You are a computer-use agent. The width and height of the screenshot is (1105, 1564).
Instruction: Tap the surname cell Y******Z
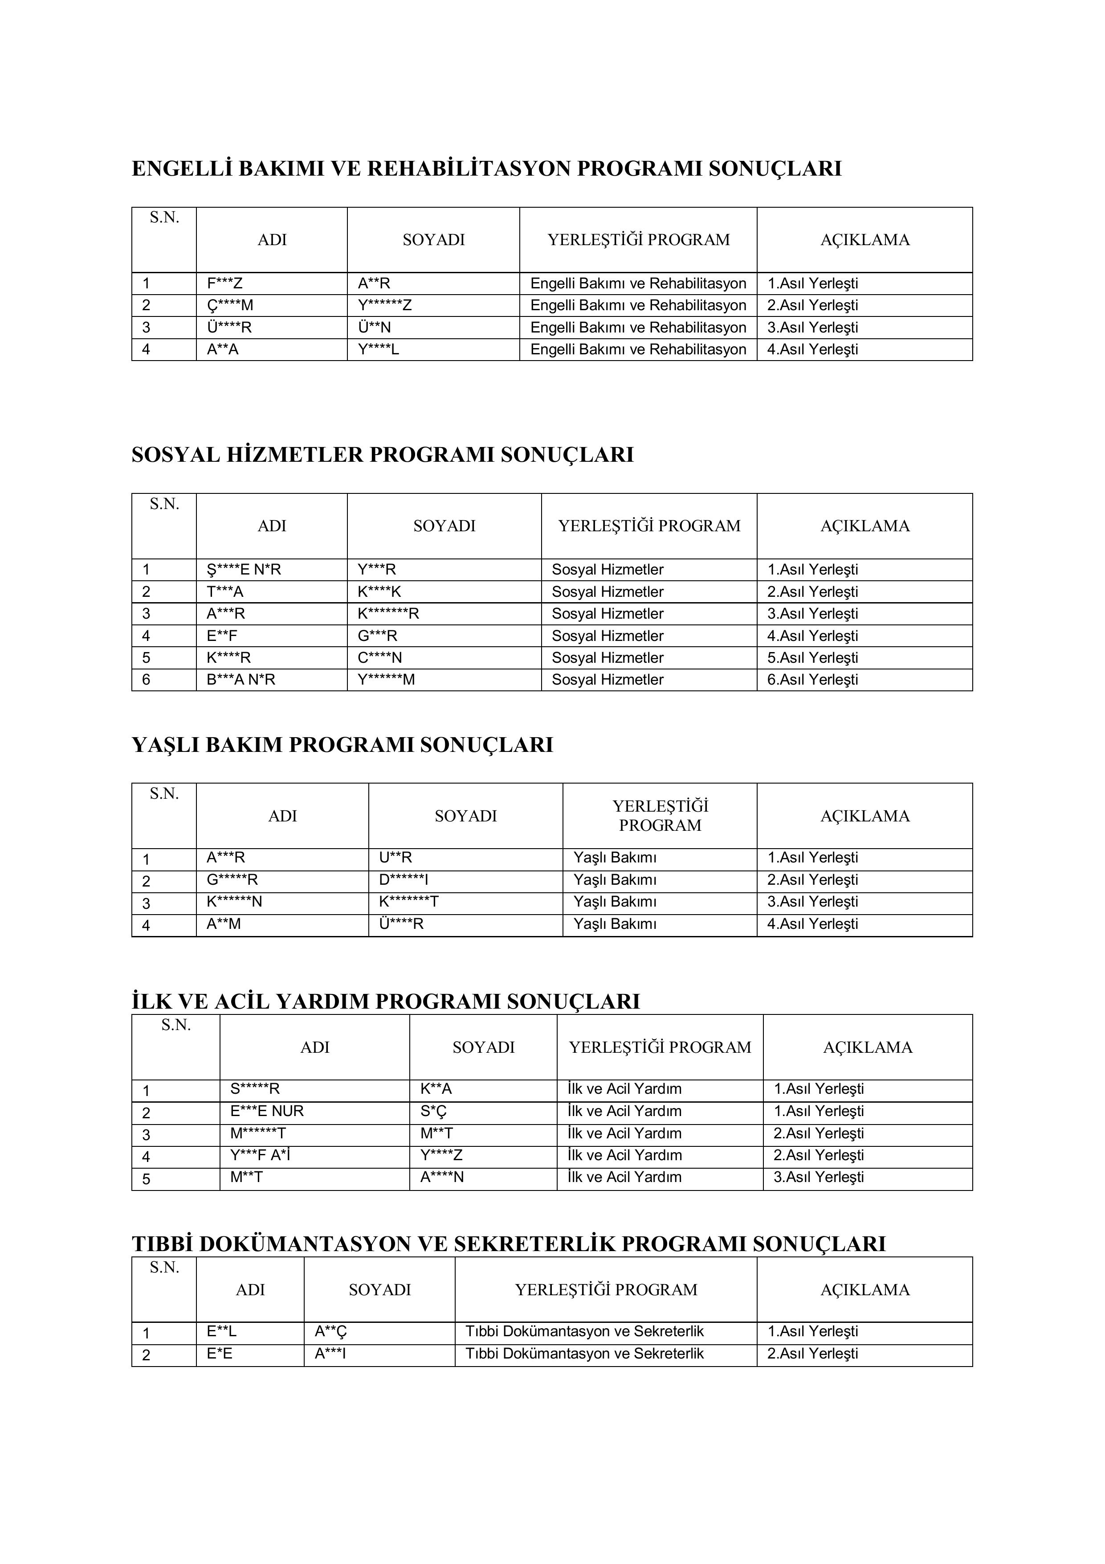click(385, 305)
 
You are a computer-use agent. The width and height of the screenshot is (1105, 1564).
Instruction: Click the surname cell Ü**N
click(375, 328)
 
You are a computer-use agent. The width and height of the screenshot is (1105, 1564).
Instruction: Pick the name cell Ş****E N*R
click(244, 570)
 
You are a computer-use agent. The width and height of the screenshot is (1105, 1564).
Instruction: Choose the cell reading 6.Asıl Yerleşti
click(812, 680)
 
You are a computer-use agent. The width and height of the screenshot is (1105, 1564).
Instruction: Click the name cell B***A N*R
click(241, 680)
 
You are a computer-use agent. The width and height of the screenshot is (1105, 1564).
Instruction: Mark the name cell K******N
click(234, 902)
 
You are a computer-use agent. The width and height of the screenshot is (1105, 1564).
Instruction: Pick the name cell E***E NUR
click(267, 1111)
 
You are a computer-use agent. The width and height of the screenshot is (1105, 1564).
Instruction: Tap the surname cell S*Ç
click(434, 1111)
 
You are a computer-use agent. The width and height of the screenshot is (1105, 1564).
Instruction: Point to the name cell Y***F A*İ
click(261, 1155)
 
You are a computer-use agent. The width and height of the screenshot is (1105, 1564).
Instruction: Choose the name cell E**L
click(222, 1332)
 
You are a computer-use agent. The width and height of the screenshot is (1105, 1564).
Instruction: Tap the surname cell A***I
click(330, 1354)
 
